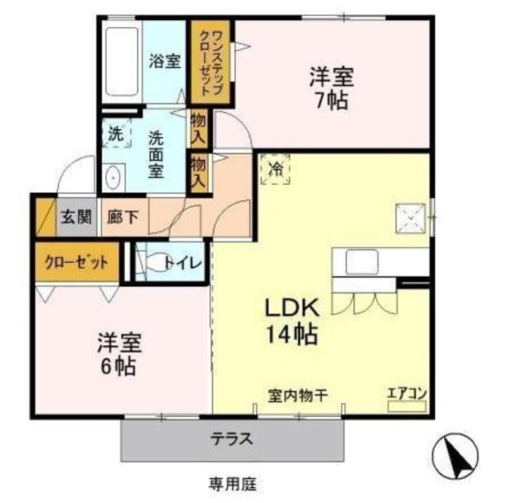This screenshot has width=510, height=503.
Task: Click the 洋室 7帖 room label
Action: click(331, 90)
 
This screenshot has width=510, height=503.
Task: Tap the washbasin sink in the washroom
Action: click(112, 177)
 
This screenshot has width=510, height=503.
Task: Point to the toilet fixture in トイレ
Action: click(148, 261)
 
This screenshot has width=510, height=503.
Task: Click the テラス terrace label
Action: click(232, 438)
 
